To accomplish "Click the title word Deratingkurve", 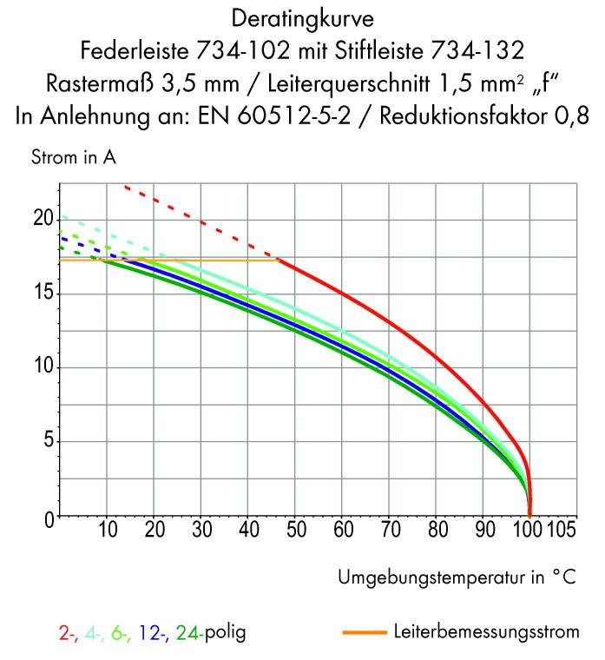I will coord(303,17).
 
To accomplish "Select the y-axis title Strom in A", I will coord(73,158).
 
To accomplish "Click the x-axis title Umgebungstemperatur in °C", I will coord(457,577).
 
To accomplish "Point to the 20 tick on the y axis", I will coord(43,219).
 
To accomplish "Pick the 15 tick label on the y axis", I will coord(43,294).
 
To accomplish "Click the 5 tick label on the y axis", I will coord(47,442).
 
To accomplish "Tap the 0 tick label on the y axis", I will coord(47,518).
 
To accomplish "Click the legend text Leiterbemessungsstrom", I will coord(486,632).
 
